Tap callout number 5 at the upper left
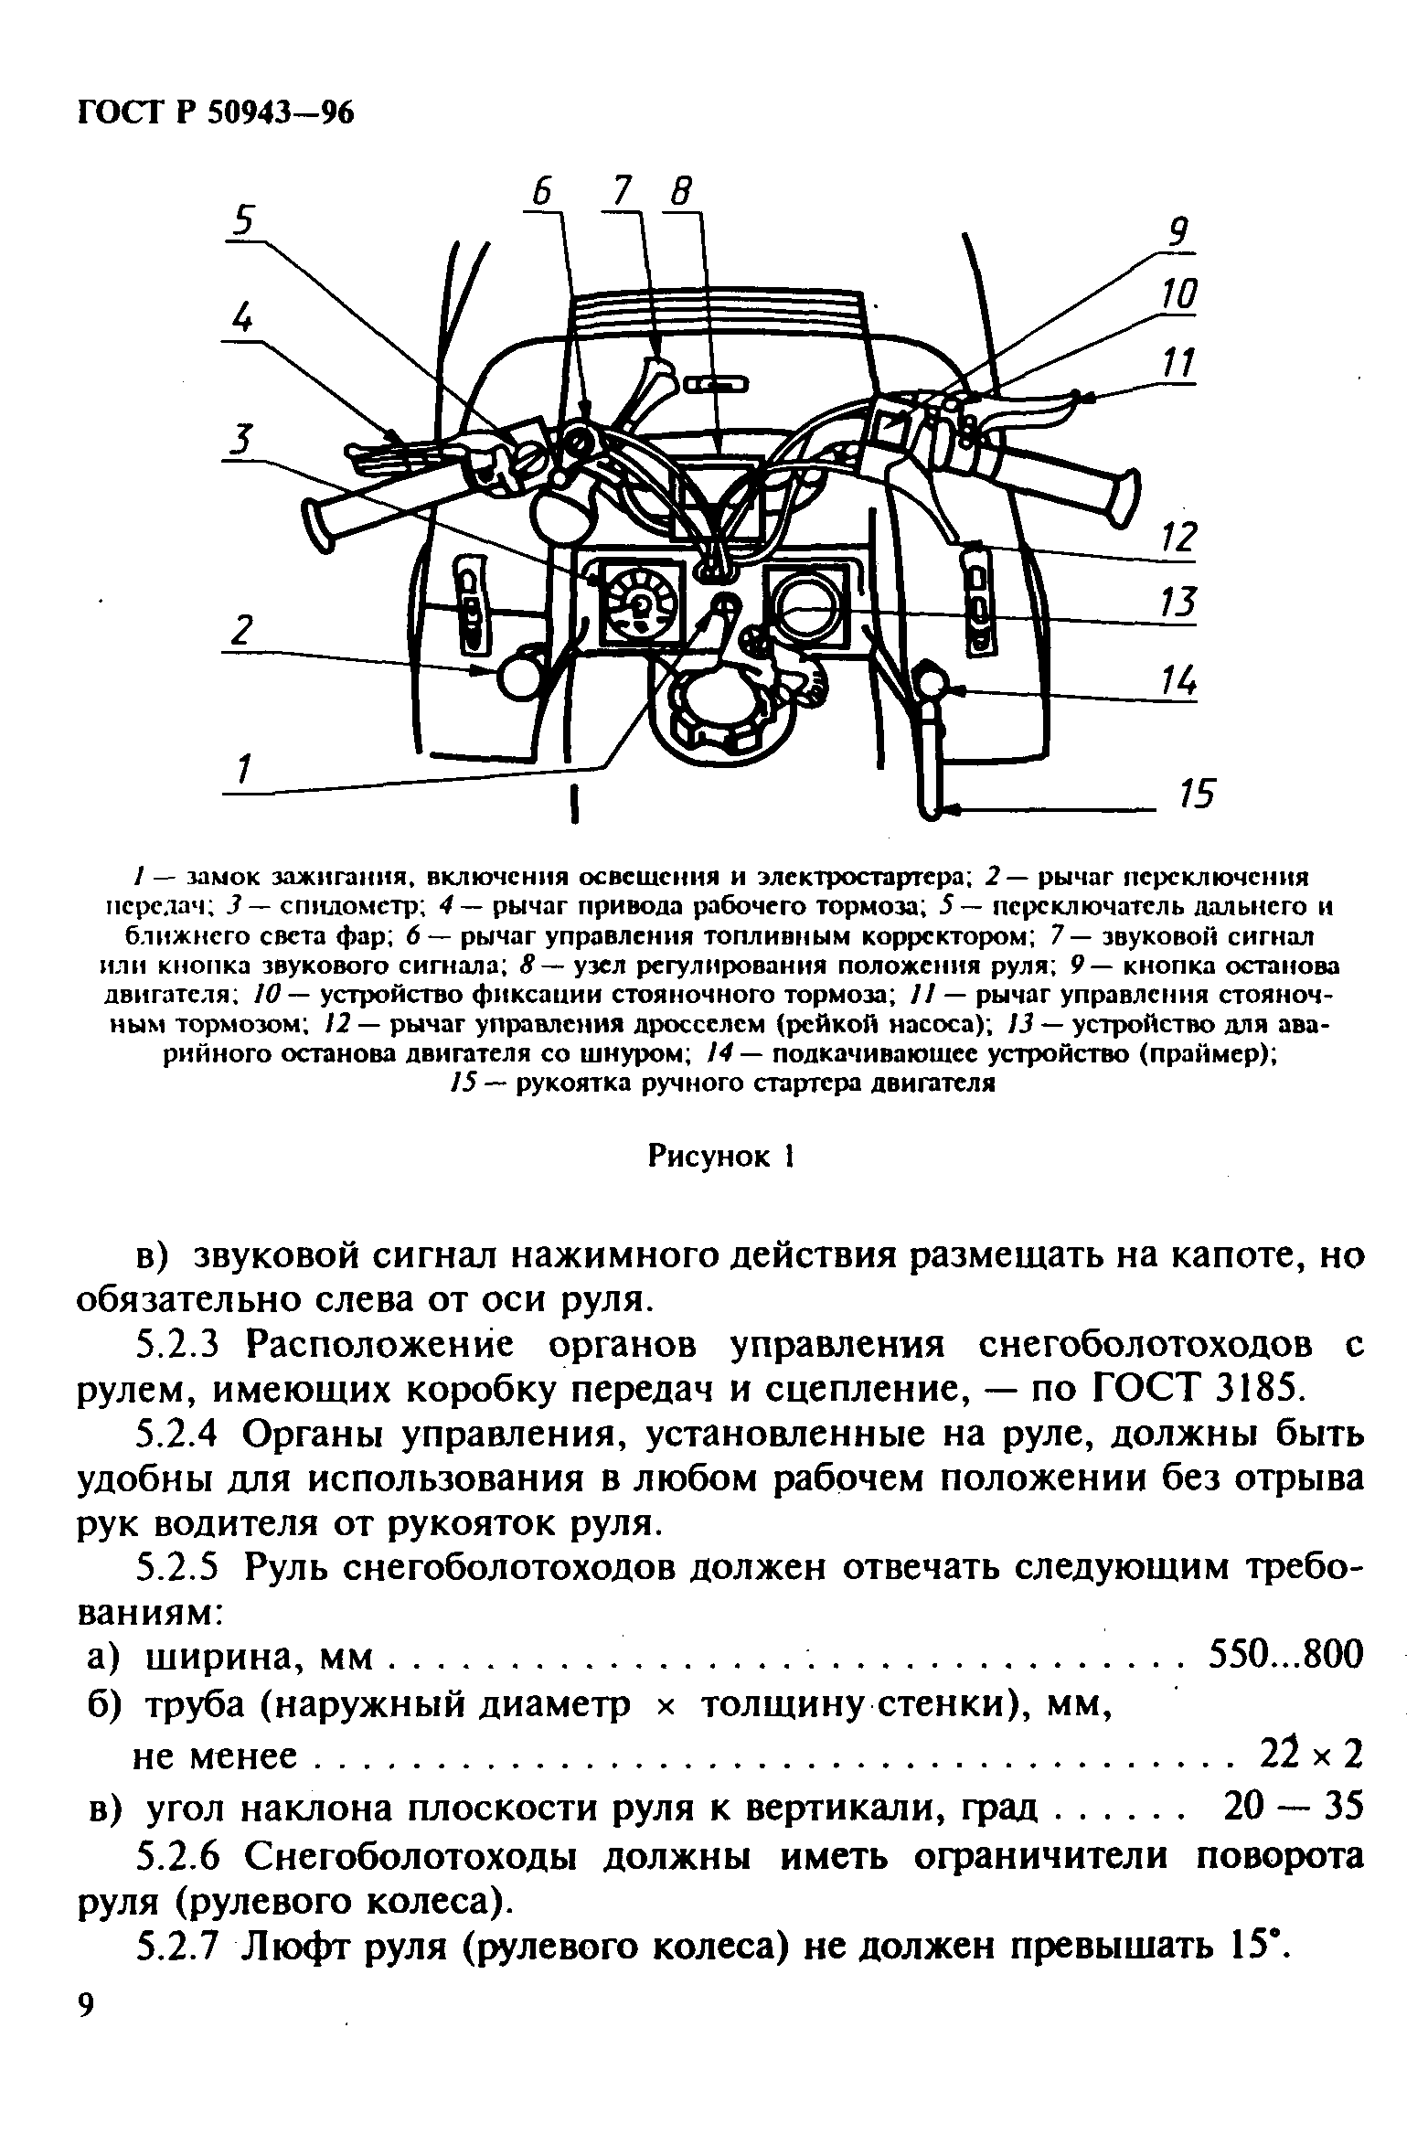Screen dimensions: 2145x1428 pos(244,220)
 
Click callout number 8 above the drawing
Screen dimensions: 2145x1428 pos(680,194)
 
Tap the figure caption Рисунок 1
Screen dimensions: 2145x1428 pos(719,1157)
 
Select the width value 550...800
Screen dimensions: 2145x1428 pos(1285,1653)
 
